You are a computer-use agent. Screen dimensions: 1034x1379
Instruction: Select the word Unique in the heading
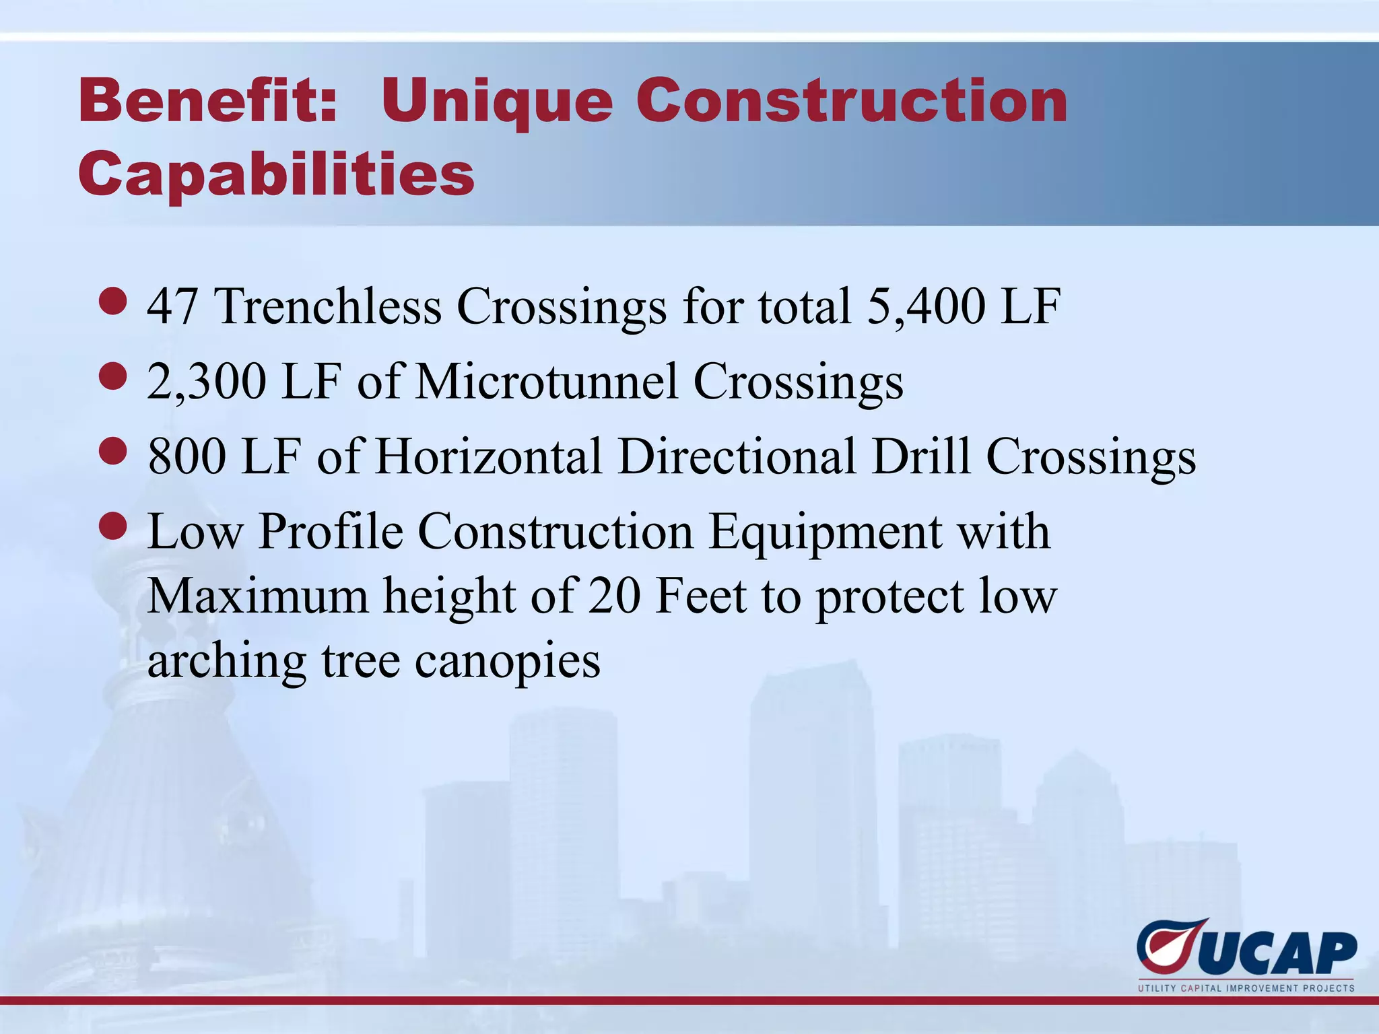click(x=498, y=102)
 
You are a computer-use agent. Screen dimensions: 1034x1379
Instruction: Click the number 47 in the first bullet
click(x=172, y=306)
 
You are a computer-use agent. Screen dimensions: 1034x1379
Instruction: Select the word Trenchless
click(x=328, y=306)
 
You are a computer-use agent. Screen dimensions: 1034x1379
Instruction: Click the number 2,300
click(x=207, y=382)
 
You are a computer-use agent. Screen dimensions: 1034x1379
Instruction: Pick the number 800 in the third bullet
click(x=187, y=456)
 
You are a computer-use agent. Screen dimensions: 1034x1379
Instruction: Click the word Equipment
click(x=826, y=532)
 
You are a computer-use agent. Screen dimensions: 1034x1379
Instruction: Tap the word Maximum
click(x=258, y=596)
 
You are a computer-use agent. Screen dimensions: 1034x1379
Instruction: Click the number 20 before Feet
click(x=613, y=596)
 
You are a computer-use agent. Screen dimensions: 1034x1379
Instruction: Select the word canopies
click(x=507, y=662)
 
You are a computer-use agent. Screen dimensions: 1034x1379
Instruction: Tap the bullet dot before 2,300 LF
click(x=112, y=376)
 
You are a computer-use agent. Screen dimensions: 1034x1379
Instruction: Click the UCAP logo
click(x=1246, y=949)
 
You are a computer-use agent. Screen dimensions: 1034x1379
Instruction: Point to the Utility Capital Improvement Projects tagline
click(x=1246, y=988)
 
